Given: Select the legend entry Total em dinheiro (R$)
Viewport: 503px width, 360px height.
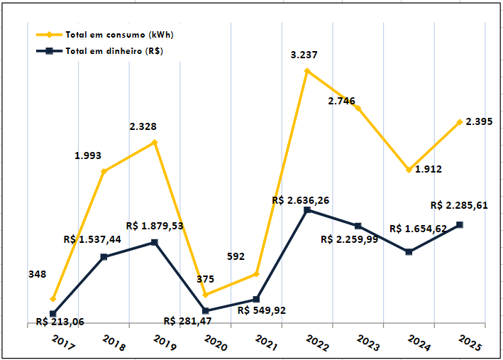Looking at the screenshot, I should point(114,50).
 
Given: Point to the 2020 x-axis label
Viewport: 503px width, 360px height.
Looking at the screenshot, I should point(216,344).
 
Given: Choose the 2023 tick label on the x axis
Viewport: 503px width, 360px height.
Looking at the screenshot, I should point(368,344).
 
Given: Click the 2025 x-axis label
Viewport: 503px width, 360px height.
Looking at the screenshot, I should point(470,344).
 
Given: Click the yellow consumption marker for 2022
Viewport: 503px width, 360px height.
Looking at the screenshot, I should point(306,71).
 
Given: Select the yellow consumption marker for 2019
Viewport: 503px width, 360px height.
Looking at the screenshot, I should point(155,143).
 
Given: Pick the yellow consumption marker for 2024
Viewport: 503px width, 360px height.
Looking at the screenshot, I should point(409,170).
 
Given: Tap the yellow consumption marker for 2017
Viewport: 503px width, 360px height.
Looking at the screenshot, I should point(53,299).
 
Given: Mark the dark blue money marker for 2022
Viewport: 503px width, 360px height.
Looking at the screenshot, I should point(306,210).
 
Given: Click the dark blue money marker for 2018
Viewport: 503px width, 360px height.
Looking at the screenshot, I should point(104,257).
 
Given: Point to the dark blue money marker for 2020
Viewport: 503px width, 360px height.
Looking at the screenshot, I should point(206,311).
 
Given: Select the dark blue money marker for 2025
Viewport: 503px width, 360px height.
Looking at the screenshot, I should point(460,225).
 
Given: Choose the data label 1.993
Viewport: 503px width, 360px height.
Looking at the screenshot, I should point(88,155).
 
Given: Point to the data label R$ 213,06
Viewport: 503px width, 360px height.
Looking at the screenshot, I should point(60,322).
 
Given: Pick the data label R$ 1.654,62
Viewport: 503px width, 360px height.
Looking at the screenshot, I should point(419,229).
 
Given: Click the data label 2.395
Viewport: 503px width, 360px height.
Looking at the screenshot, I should point(479,122).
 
